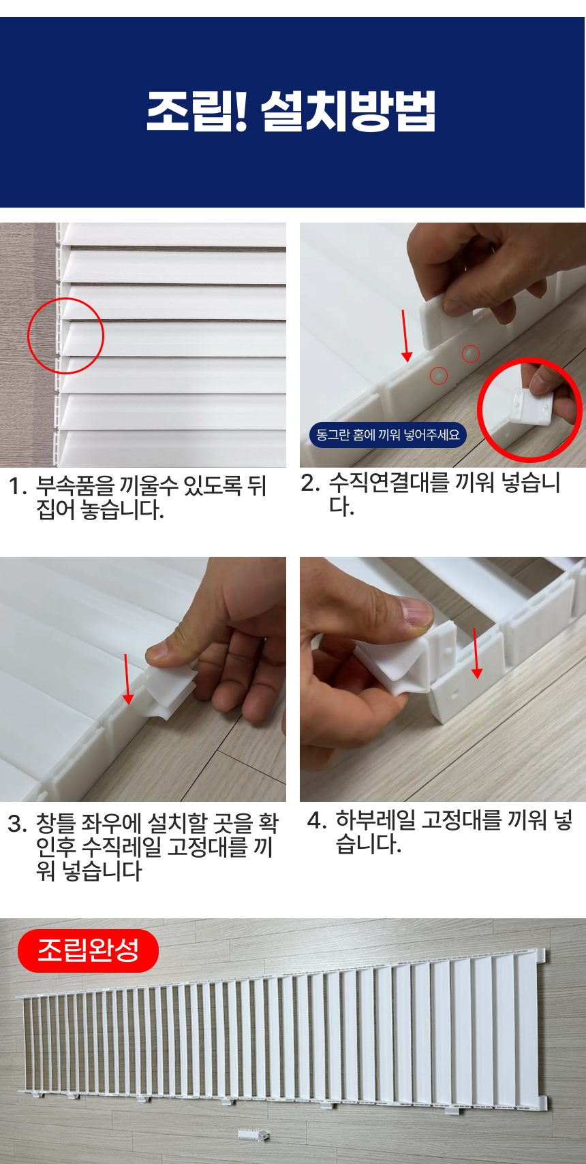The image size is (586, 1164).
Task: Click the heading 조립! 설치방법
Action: pos(291,111)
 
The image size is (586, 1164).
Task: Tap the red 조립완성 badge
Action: pos(88,950)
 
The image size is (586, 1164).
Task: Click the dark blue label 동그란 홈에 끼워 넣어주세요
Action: pos(388,434)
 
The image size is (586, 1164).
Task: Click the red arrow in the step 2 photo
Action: pos(405,336)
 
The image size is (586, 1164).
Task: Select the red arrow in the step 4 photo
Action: pos(476,653)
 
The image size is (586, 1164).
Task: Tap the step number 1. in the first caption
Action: pos(18,487)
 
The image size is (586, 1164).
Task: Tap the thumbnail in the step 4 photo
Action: pos(414,611)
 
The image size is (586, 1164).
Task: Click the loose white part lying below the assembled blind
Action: pos(253,1135)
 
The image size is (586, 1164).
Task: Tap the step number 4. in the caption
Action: pos(317,821)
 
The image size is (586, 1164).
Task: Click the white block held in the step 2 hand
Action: pos(442,322)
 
